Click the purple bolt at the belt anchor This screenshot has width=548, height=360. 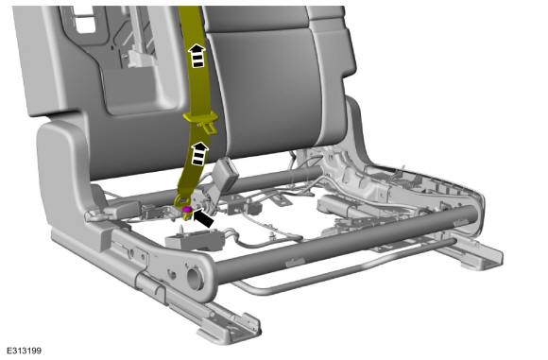click(x=187, y=210)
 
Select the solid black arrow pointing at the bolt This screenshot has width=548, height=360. click(x=203, y=217)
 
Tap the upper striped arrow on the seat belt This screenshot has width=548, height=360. click(x=197, y=55)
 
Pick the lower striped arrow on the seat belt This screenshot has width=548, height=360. click(x=198, y=153)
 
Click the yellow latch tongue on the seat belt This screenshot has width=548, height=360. click(x=201, y=122)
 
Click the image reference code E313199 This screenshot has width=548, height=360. click(x=25, y=351)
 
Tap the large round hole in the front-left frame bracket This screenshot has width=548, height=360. click(x=195, y=278)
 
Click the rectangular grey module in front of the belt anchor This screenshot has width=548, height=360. click(x=195, y=239)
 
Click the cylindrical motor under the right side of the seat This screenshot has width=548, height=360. click(x=337, y=206)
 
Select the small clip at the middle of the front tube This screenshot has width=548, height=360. click(x=294, y=262)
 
